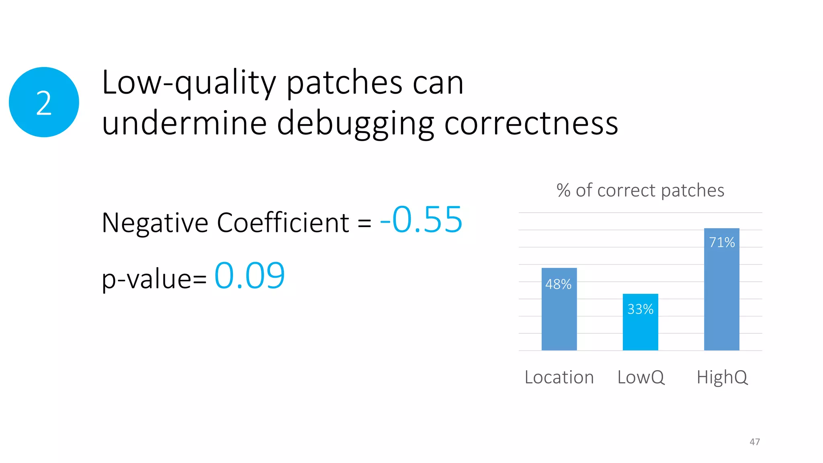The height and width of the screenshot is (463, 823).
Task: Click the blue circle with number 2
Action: [44, 102]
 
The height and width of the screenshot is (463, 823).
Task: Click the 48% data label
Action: [558, 284]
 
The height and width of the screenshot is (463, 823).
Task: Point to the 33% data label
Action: [640, 309]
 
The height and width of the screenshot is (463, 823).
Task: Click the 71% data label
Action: [722, 242]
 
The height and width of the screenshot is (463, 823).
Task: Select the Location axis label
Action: [559, 377]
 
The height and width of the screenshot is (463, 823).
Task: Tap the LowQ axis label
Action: [641, 377]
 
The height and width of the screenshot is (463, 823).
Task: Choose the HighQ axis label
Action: [722, 377]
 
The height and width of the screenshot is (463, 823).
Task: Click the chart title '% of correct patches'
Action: [640, 190]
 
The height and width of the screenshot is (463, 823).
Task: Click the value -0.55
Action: [421, 220]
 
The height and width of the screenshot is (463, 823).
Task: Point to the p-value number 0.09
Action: [250, 276]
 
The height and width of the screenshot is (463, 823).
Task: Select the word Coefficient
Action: [283, 222]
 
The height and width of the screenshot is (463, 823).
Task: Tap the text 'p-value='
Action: [154, 279]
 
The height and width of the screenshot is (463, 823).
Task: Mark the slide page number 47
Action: [754, 442]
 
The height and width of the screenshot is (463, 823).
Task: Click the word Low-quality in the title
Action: [189, 83]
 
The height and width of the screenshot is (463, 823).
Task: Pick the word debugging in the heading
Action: [356, 124]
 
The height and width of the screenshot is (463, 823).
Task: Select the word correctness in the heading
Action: [531, 123]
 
